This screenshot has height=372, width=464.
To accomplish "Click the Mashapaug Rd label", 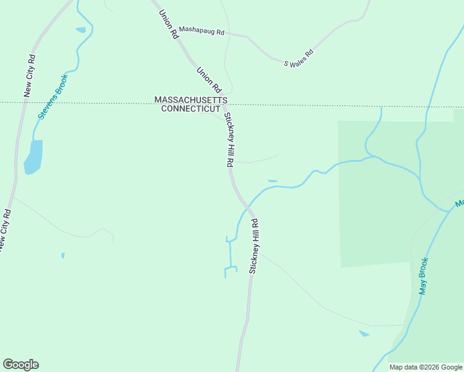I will tap(201, 30).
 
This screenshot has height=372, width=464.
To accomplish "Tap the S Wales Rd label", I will tap(298, 59).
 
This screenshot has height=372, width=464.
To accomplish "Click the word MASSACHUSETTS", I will tap(191, 100).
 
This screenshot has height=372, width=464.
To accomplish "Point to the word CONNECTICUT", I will tap(191, 108).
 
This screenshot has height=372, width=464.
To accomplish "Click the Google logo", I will tap(20, 364).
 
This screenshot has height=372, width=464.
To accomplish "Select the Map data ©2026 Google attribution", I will tap(426, 367).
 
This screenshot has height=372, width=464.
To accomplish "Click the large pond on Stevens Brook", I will tap(33, 156).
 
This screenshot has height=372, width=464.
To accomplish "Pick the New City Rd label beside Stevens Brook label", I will tap(29, 76).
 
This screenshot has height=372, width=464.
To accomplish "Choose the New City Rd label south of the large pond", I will tap(4, 230).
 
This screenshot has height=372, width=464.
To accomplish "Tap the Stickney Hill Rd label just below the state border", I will tap(228, 139).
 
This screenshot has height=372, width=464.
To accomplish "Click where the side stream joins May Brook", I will tap(449, 211).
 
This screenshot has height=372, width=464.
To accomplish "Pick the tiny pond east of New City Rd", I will tap(63, 255).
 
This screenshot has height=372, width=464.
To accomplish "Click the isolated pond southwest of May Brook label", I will tap(364, 334).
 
